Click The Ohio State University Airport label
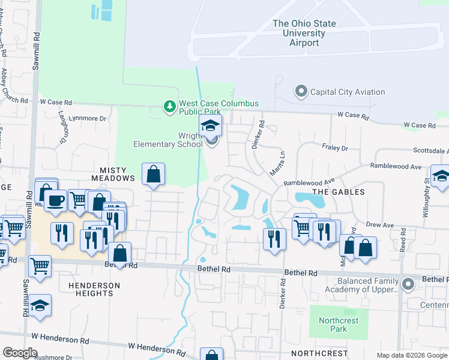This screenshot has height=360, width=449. [x=304, y=33]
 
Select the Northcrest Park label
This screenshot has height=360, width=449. [x=339, y=325]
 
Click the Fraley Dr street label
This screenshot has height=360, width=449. [x=336, y=148]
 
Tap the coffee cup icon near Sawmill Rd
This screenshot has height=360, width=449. [x=55, y=200]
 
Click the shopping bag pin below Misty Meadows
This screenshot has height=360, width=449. [x=154, y=174]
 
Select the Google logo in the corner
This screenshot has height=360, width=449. [x=20, y=353]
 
